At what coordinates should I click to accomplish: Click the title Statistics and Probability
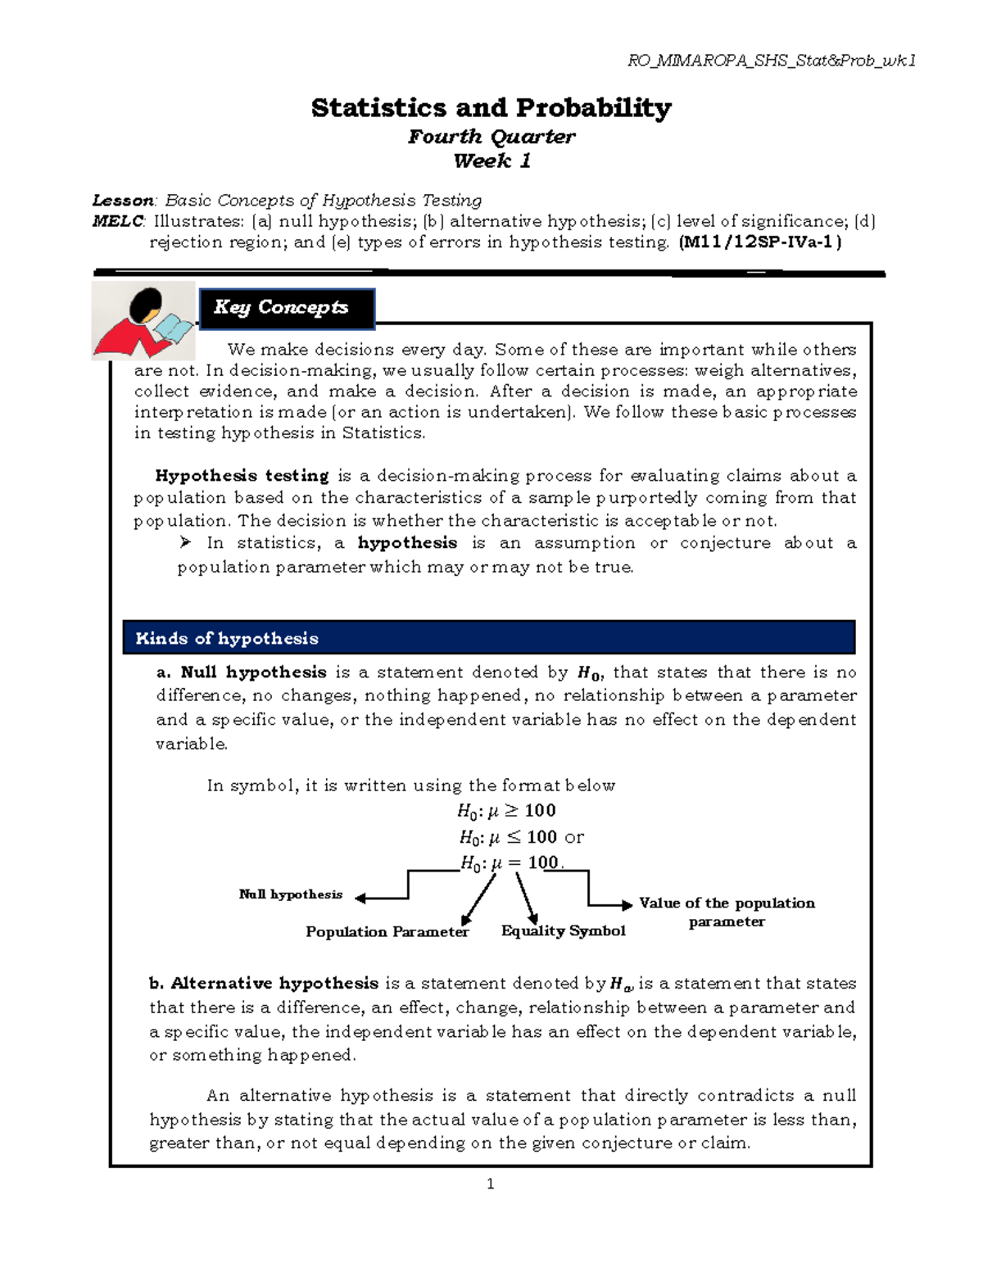coord(491,107)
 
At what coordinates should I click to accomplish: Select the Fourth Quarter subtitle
coord(491,136)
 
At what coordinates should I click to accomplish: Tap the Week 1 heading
coord(491,161)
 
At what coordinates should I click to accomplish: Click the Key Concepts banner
coord(287,308)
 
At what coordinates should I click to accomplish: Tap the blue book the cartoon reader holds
coord(174,328)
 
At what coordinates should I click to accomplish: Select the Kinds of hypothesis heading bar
coord(488,638)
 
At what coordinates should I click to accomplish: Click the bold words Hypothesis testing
coord(242,476)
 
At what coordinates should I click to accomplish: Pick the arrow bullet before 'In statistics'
coord(186,542)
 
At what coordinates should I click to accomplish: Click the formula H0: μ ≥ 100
coord(506,811)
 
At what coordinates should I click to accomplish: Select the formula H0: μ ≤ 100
coord(508,837)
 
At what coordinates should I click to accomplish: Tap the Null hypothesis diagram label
coord(290,894)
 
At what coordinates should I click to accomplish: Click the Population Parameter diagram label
coord(387,932)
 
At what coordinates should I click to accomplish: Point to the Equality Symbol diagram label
coord(563,931)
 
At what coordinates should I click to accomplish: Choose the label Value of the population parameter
coord(727,912)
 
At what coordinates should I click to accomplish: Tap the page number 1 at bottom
coord(490,1184)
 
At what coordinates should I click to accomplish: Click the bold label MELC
coord(118,221)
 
